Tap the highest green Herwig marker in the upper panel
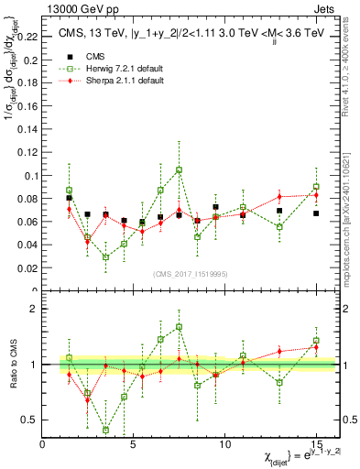point(179,169)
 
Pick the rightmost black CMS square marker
point(315,213)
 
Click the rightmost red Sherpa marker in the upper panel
point(315,195)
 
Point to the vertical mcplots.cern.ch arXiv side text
point(351,202)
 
